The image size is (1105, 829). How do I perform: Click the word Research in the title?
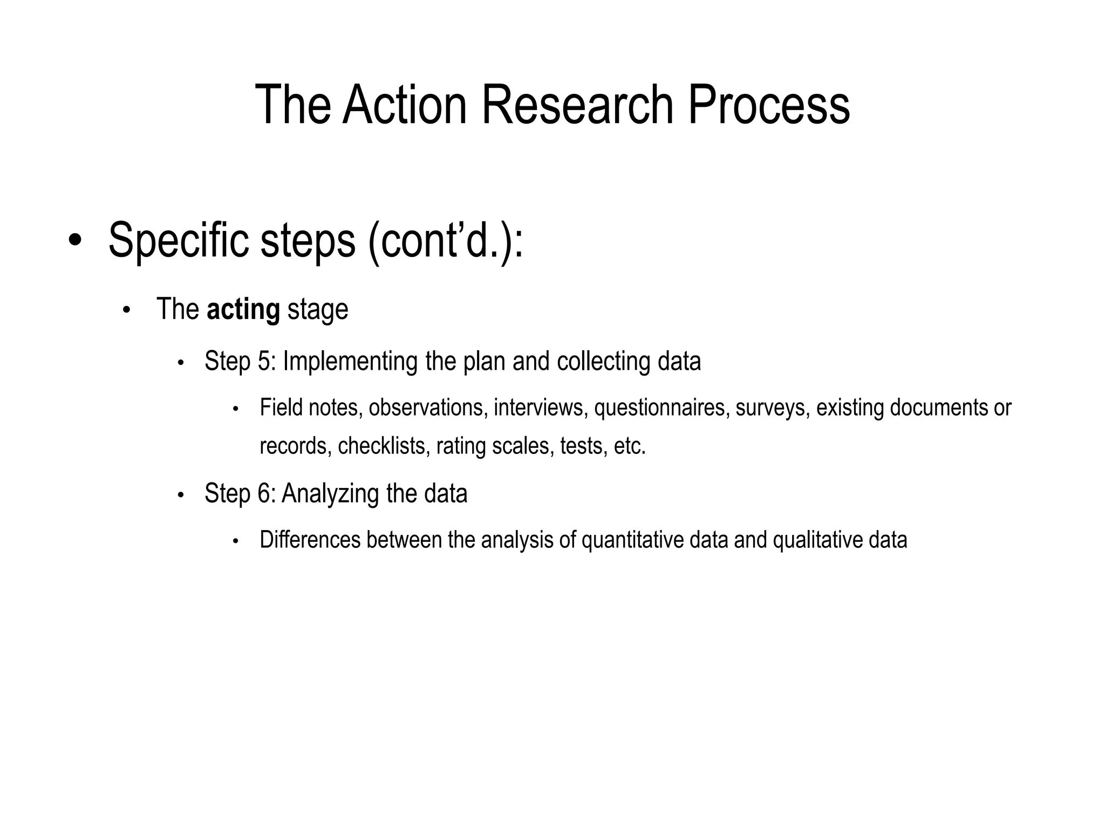(x=577, y=105)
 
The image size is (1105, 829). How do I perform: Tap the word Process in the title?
(x=768, y=105)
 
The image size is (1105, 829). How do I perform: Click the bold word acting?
(x=243, y=310)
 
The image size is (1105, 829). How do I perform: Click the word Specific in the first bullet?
(x=178, y=241)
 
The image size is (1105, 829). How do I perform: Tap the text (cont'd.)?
(x=446, y=241)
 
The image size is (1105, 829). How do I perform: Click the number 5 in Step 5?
(x=264, y=361)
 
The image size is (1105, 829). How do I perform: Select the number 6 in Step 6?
(x=264, y=493)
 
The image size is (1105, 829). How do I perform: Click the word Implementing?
(x=350, y=361)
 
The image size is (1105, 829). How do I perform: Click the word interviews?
(x=540, y=407)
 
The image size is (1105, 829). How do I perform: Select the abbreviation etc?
(x=630, y=446)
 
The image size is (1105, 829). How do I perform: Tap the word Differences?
(x=310, y=540)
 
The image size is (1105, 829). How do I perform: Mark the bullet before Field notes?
(x=235, y=409)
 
